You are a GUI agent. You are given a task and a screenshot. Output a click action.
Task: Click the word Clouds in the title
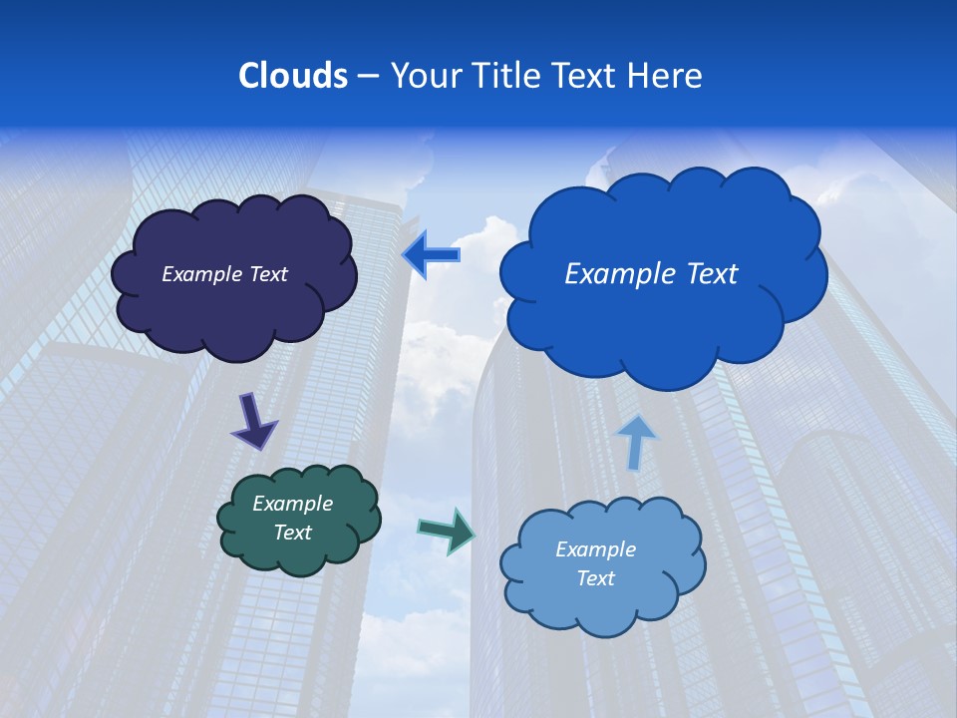coord(292,76)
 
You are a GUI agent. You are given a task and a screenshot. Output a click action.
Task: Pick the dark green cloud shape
coord(299,553)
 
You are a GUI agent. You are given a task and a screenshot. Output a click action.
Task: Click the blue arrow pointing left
coord(432,255)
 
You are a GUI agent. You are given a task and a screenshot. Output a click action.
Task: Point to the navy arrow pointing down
coord(252,421)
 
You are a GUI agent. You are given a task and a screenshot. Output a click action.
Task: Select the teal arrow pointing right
coord(447,530)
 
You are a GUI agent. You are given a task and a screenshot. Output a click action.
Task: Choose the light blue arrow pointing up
coord(637,441)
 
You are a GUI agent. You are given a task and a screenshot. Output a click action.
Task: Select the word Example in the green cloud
coord(292,504)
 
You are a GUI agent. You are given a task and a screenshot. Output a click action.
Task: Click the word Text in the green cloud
coord(292,533)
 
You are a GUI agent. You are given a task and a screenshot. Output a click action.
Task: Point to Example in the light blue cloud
coord(595,549)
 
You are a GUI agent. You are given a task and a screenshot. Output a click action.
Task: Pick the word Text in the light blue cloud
coord(595,578)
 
